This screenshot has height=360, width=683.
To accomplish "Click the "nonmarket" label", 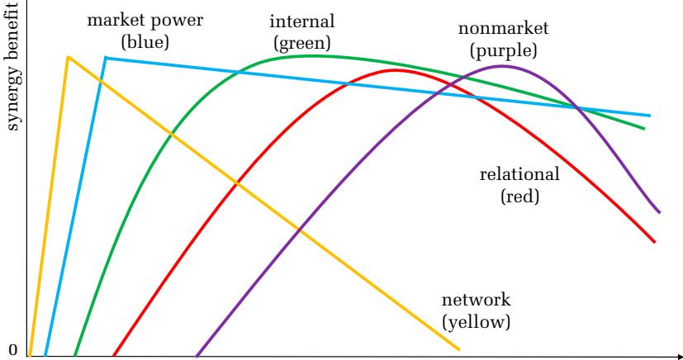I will click(503, 30).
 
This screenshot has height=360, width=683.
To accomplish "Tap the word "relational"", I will click(520, 175).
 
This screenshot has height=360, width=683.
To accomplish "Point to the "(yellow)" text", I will click(477, 321).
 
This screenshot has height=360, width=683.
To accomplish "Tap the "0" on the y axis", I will click(12, 350).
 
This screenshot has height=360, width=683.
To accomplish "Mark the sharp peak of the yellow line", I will click(68, 57).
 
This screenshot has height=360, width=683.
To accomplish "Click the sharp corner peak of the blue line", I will click(105, 58).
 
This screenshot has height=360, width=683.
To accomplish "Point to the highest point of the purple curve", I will click(502, 66).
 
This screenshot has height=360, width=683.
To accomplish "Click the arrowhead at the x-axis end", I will click(676, 356).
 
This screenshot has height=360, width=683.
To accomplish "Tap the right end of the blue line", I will click(650, 116).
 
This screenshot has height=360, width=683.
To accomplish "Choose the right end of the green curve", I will click(643, 129).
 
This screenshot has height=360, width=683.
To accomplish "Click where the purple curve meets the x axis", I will click(197, 356).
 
